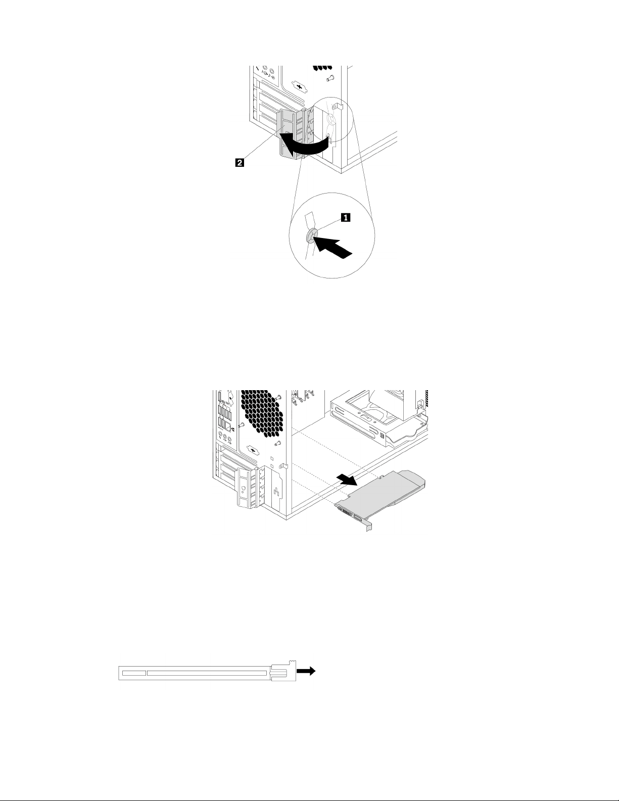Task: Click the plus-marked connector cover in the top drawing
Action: [301, 87]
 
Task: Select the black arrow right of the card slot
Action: [306, 671]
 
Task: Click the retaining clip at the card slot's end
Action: [282, 672]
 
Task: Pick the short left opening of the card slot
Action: [134, 673]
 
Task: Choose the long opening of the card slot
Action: [206, 673]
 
